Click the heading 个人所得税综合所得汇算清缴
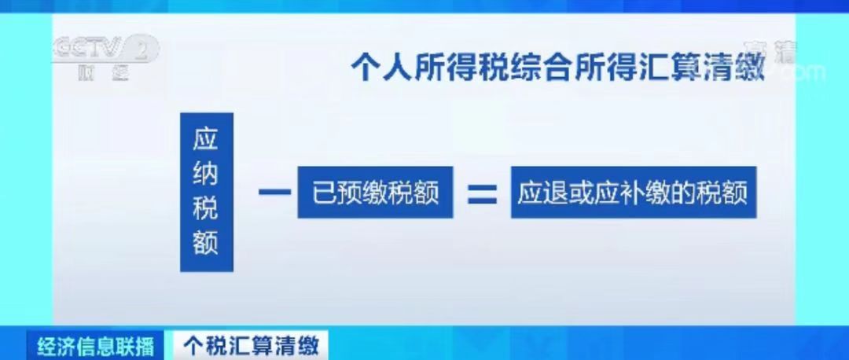tap(557, 67)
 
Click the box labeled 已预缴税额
tap(375, 193)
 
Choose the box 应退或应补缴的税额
tap(633, 193)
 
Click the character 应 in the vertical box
tap(206, 140)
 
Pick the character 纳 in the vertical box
tap(206, 174)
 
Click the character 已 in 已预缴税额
tap(324, 193)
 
